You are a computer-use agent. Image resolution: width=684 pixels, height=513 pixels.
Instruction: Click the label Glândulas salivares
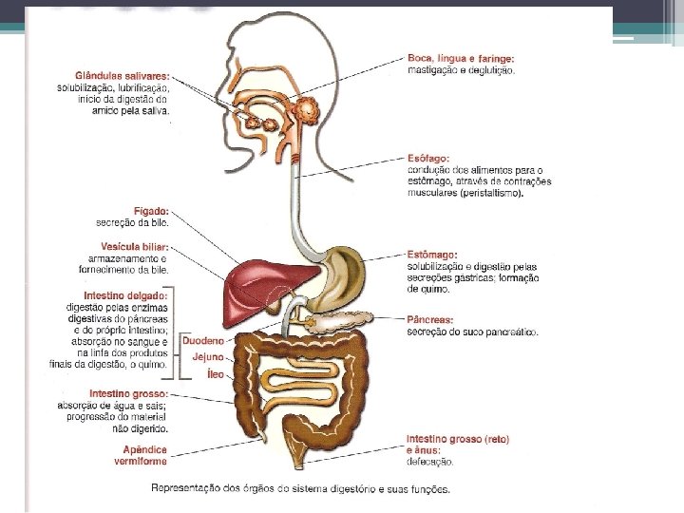coord(123,75)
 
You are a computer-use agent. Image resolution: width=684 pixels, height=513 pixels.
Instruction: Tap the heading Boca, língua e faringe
coord(461,58)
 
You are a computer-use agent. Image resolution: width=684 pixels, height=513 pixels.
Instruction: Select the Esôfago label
coord(428,158)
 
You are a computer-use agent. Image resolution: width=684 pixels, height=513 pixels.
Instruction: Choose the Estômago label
coord(432,255)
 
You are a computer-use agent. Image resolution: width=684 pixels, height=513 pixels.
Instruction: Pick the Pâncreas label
coord(430,320)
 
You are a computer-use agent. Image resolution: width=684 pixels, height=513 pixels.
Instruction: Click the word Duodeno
coord(203,340)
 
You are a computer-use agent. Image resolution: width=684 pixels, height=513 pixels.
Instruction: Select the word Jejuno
coord(208,357)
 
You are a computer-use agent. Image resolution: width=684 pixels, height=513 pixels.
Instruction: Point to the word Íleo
coord(215,374)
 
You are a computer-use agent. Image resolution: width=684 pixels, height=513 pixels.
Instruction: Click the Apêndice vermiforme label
coord(144,455)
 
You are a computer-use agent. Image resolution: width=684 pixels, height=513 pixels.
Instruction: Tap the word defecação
coord(430,462)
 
